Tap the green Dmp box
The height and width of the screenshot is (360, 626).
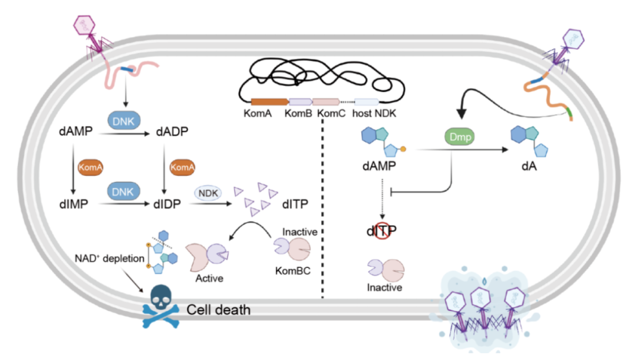pyautogui.click(x=458, y=138)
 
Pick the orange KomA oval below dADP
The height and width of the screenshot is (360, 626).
pyautogui.click(x=181, y=167)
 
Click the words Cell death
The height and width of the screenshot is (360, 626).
pyautogui.click(x=219, y=310)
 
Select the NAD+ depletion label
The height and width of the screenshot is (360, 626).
pyautogui.click(x=108, y=258)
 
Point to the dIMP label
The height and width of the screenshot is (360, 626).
pyautogui.click(x=73, y=204)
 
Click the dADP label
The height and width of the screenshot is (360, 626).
pyautogui.click(x=173, y=132)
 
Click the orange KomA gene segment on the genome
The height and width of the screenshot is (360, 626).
pyautogui.click(x=269, y=101)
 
